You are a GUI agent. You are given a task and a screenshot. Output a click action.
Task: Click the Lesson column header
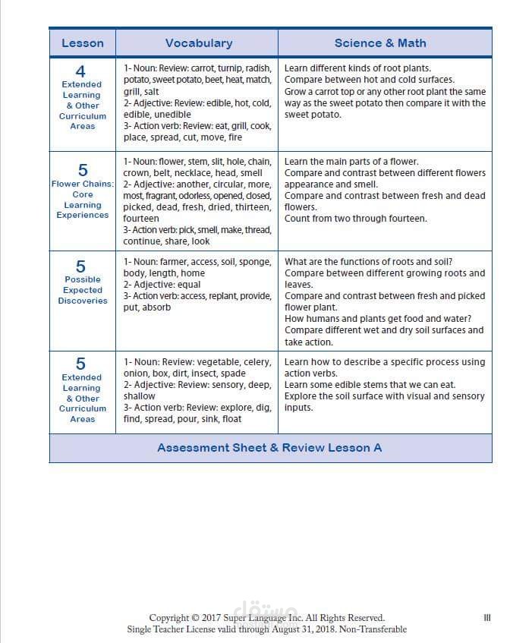[82, 43]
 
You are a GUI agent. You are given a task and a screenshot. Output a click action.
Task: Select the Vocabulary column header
[199, 43]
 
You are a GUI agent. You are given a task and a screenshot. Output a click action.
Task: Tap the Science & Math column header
[380, 43]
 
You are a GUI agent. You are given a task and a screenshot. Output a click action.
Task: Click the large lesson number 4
[82, 72]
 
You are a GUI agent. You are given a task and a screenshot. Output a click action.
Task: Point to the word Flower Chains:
[82, 184]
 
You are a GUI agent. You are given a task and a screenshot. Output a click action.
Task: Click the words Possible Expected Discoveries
[83, 290]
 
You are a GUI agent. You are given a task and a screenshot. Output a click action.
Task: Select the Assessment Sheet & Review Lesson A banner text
[269, 448]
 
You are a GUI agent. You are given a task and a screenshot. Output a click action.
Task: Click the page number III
[486, 618]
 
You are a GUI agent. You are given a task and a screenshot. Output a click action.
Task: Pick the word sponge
[256, 262]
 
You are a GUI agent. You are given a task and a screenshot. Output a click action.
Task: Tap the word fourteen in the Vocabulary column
[141, 219]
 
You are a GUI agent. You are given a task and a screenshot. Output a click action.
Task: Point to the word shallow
[140, 396]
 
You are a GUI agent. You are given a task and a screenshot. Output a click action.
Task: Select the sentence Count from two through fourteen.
[355, 219]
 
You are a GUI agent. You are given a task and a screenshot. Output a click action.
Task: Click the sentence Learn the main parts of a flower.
[351, 162]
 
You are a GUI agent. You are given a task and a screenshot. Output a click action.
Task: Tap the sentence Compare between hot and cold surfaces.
[369, 80]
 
